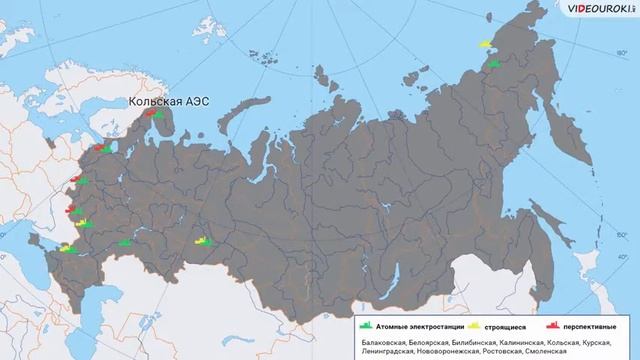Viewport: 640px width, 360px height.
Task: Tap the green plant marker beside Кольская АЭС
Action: point(158,114)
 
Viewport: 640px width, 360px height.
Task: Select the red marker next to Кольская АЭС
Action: point(147,113)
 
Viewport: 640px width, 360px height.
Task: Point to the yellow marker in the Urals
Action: point(202,240)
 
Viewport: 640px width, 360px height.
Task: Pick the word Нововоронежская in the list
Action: point(444,352)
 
